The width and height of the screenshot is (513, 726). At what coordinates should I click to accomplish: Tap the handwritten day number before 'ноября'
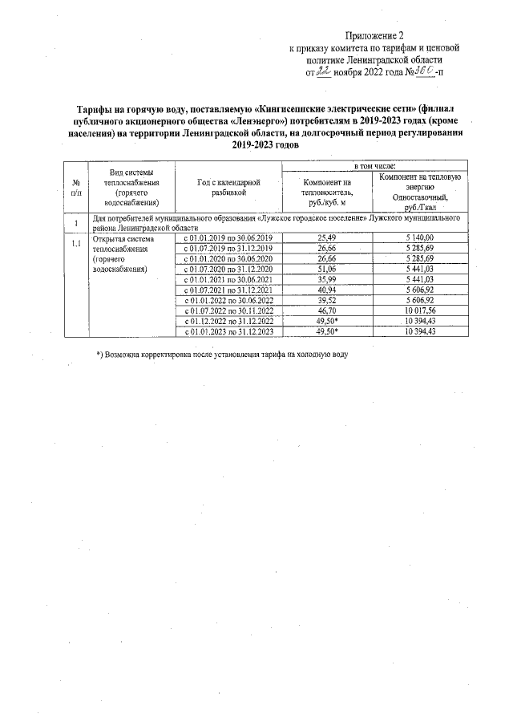(x=324, y=71)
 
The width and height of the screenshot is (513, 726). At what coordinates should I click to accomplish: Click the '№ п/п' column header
(x=75, y=188)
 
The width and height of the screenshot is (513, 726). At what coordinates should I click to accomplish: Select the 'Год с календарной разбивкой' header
(x=228, y=188)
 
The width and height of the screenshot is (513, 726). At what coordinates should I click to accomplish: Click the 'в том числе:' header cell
(x=375, y=165)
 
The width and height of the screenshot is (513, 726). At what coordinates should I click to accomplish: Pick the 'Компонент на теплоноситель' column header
(x=326, y=192)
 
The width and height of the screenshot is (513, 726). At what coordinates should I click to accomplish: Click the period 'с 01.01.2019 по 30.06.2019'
(x=228, y=238)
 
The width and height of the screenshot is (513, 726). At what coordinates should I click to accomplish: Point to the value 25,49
(x=326, y=238)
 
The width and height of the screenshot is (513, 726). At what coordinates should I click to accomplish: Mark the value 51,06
(x=326, y=270)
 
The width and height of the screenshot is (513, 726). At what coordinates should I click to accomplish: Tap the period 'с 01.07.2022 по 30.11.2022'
(x=228, y=310)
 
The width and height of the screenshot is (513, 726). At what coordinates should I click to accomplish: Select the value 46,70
(x=326, y=310)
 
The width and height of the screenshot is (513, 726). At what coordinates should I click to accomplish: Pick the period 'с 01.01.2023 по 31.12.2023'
(x=228, y=331)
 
